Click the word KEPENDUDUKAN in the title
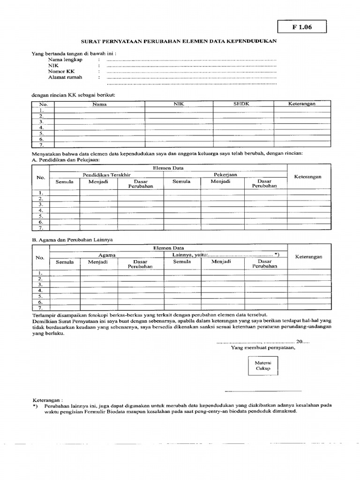pyautogui.click(x=252, y=41)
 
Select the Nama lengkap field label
pyautogui.click(x=65, y=60)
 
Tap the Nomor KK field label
pyautogui.click(x=61, y=72)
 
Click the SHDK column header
pyautogui.click(x=241, y=104)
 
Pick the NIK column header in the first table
pyautogui.click(x=179, y=104)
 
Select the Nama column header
pyautogui.click(x=99, y=104)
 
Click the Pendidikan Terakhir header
pyautogui.click(x=106, y=174)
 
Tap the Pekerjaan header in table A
pyautogui.click(x=225, y=174)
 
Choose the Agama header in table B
pyautogui.click(x=107, y=255)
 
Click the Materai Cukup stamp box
pyautogui.click(x=262, y=366)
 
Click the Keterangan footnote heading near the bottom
pyautogui.click(x=47, y=401)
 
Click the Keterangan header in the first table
pyautogui.click(x=301, y=104)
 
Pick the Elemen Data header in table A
pyautogui.click(x=168, y=167)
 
